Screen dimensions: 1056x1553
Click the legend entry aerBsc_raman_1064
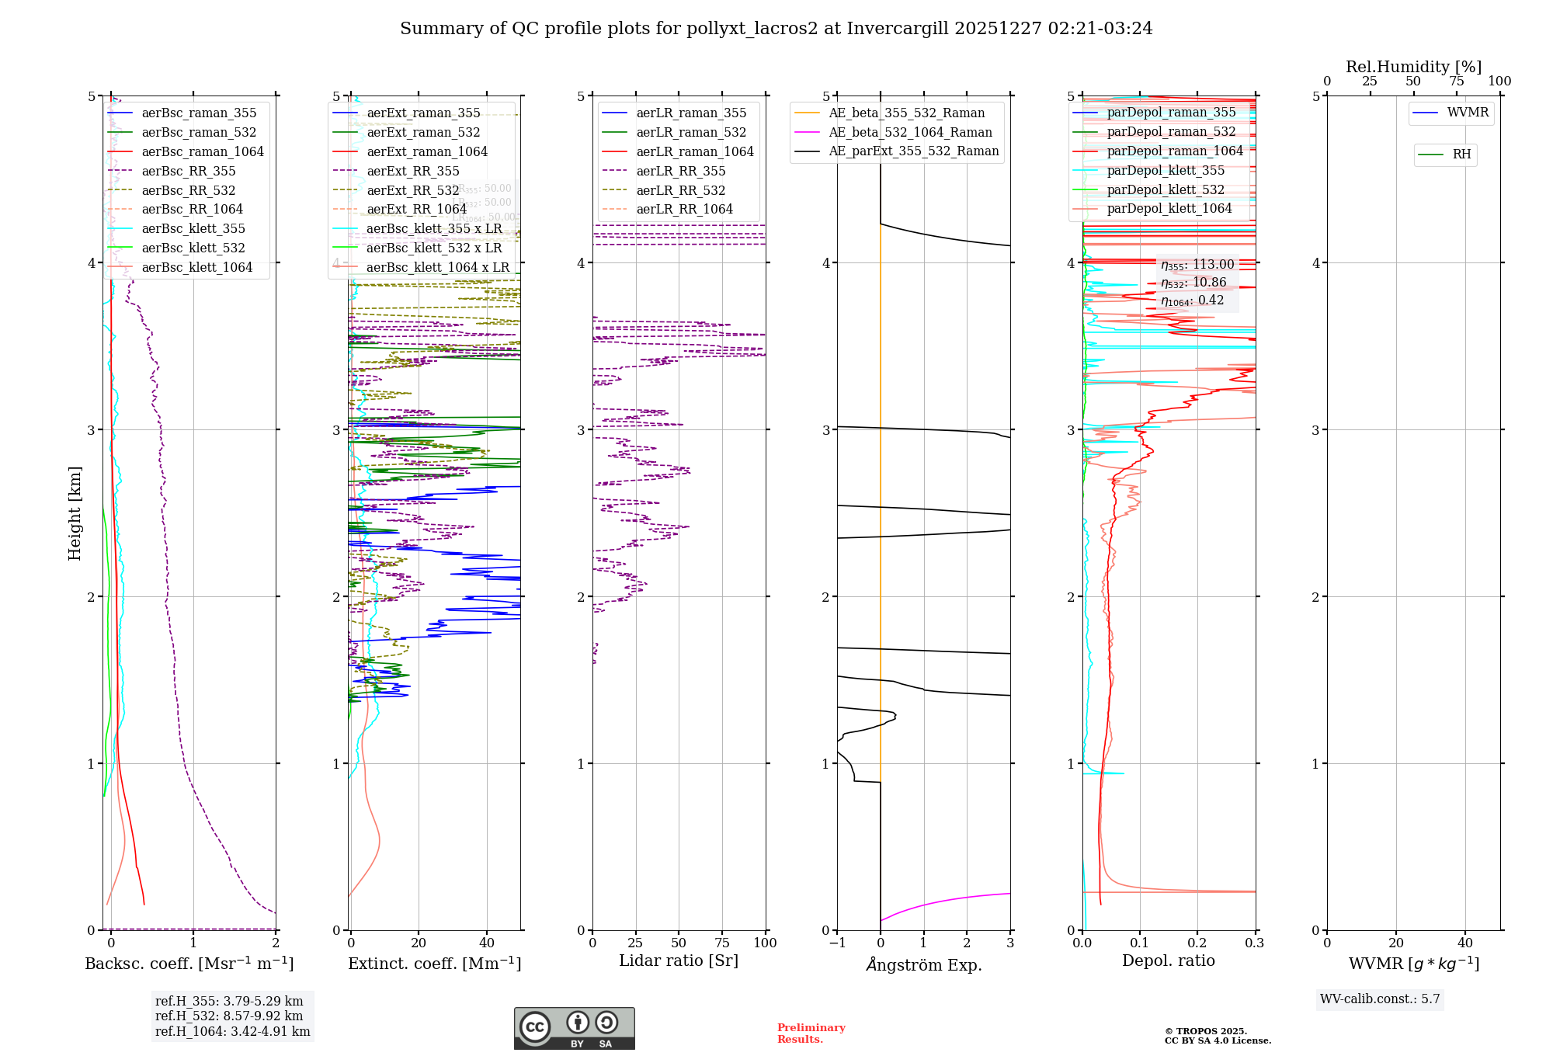[x=202, y=152]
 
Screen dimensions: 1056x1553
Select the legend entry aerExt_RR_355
[x=412, y=172]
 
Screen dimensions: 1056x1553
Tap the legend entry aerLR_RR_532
[x=680, y=191]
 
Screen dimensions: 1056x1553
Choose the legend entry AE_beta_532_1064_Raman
[x=910, y=133]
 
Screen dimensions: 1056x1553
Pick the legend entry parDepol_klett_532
[x=1165, y=190]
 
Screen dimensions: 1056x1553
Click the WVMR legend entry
[x=1467, y=113]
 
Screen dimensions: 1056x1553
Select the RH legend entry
[x=1461, y=155]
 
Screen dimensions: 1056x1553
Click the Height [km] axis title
[x=75, y=513]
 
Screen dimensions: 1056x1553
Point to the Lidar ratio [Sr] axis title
[x=678, y=961]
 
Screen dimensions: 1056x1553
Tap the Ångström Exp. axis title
[x=923, y=965]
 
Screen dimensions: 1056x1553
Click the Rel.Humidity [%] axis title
[x=1413, y=68]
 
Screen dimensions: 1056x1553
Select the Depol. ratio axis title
[x=1168, y=961]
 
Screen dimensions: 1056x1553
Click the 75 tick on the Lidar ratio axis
[x=722, y=943]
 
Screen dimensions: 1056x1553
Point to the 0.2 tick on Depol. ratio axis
[x=1197, y=943]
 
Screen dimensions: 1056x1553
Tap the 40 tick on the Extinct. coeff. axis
[x=487, y=943]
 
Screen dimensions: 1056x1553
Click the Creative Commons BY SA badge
[x=574, y=1028]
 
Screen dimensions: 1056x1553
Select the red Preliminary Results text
[x=811, y=1033]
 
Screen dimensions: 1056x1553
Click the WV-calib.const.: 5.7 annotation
[x=1380, y=999]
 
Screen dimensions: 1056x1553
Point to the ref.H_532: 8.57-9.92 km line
[x=229, y=1016]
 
